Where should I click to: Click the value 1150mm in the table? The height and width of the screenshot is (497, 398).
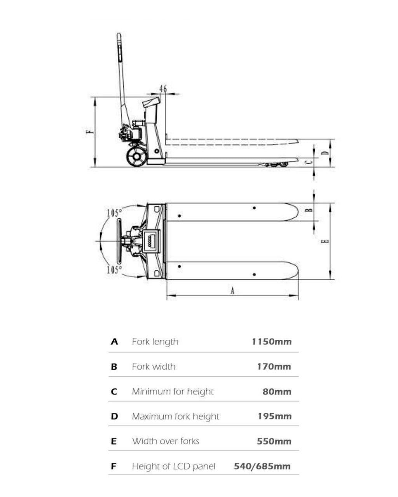(x=272, y=342)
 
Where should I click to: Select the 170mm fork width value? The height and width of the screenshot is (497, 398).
(x=274, y=367)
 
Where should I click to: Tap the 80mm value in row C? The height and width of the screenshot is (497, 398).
(x=277, y=391)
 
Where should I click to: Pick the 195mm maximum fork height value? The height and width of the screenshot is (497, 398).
(x=274, y=416)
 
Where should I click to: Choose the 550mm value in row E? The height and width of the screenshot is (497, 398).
(x=274, y=441)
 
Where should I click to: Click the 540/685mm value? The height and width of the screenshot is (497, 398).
(x=262, y=466)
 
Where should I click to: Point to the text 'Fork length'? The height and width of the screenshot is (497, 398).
(x=155, y=342)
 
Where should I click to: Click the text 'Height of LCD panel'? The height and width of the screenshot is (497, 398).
(x=173, y=466)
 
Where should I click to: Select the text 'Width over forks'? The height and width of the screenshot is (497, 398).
(x=166, y=441)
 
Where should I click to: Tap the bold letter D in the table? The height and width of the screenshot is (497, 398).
(x=115, y=416)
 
